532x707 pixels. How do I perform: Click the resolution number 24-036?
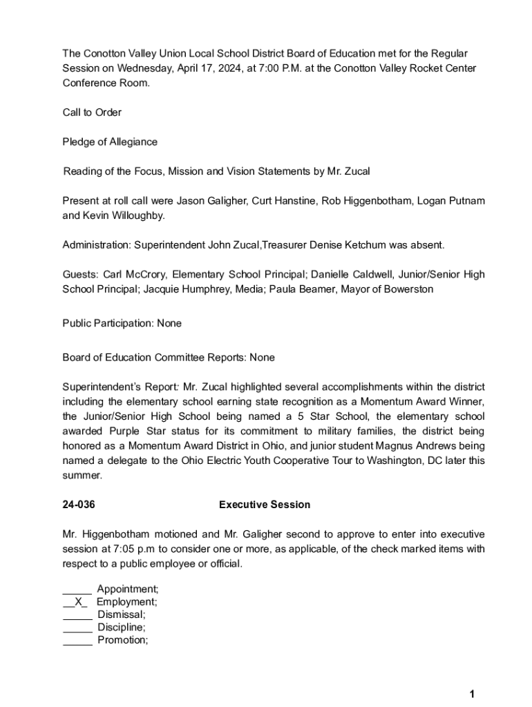pos(79,505)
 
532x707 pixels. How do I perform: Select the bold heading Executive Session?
pos(265,505)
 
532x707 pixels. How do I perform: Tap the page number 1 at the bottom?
pos(471,695)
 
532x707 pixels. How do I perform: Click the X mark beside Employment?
pos(77,602)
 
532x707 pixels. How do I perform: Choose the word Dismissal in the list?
pos(121,614)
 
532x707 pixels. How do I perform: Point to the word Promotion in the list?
pos(122,640)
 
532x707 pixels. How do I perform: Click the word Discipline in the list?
pos(121,628)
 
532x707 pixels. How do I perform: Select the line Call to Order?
pos(92,113)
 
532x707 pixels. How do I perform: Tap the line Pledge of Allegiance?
pos(110,142)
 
